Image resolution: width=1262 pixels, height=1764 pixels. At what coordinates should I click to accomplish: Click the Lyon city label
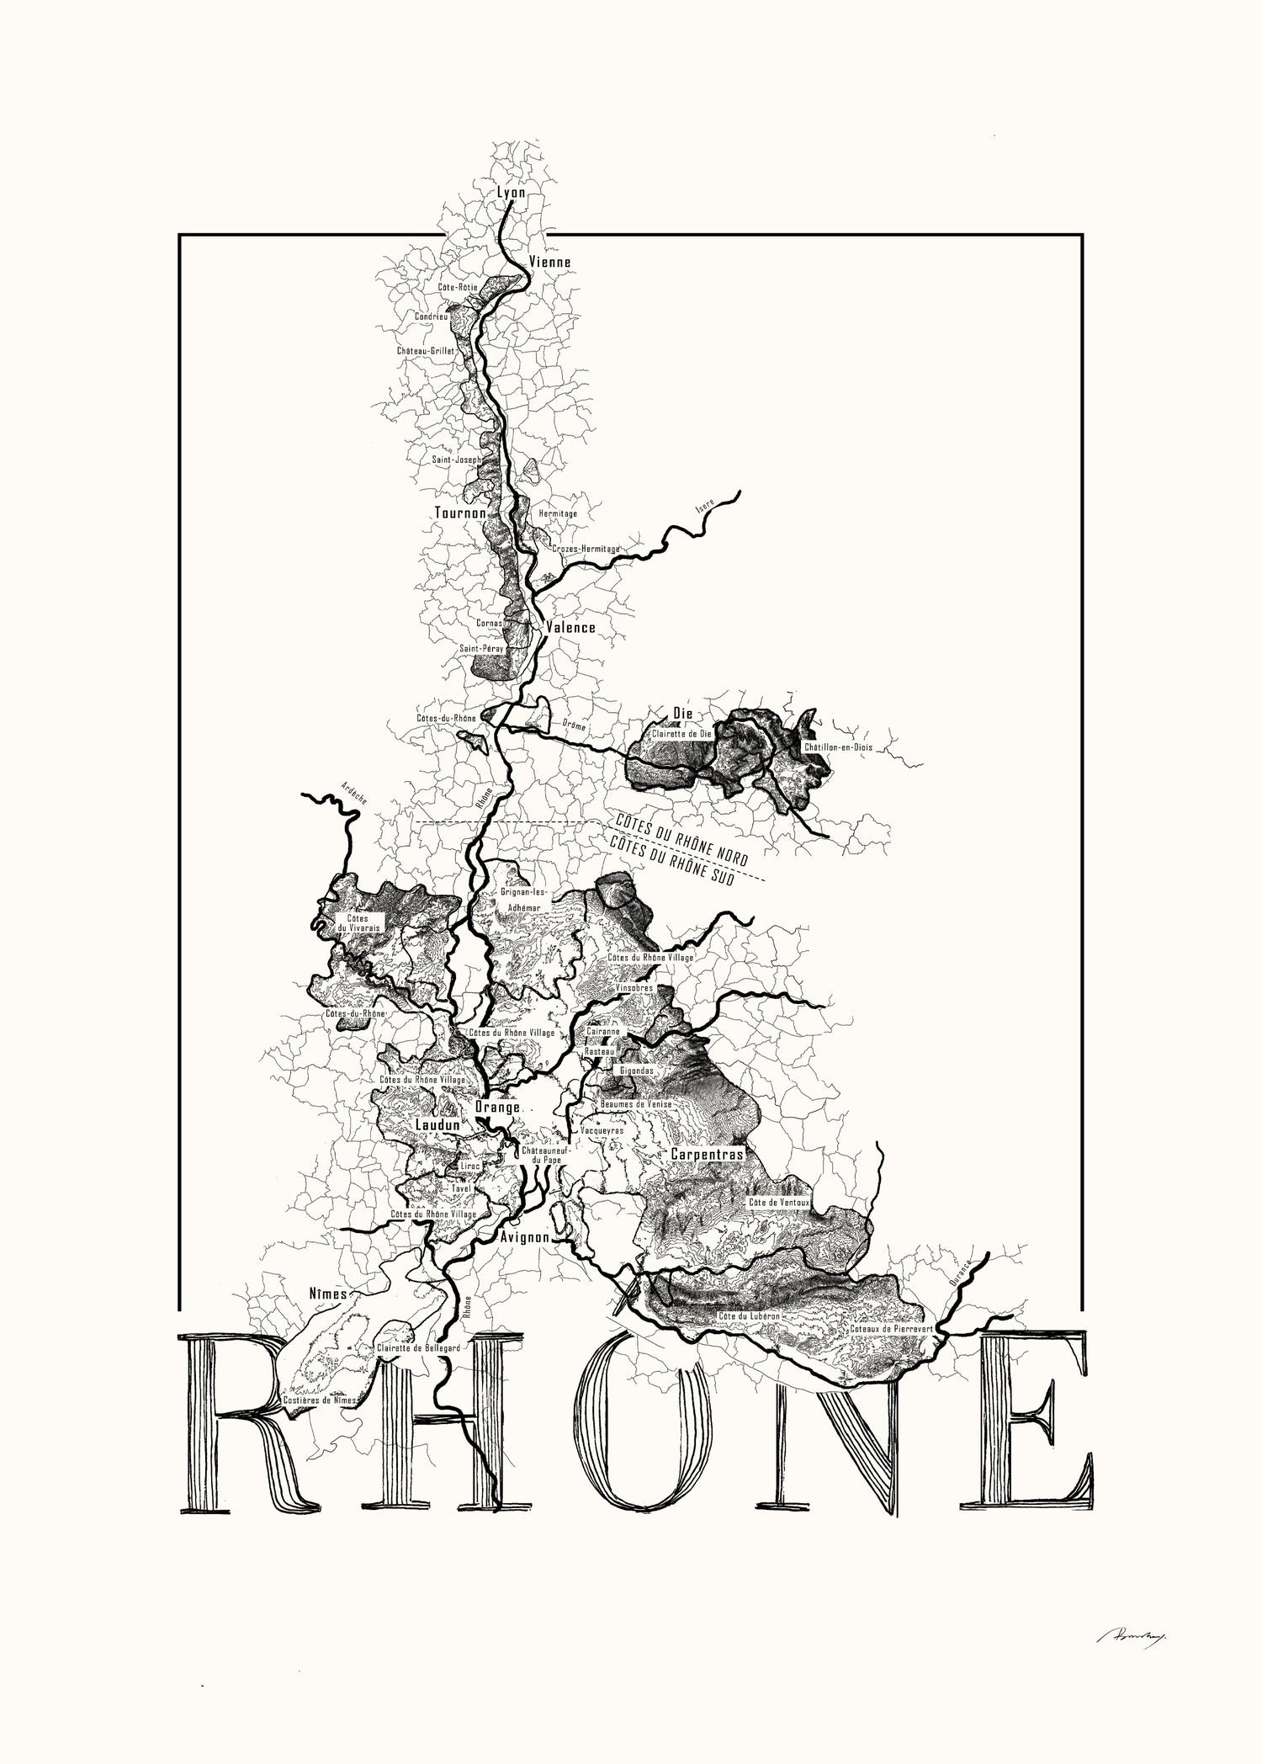(x=511, y=193)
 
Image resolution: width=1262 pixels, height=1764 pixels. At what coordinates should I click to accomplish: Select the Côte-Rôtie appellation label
(x=458, y=287)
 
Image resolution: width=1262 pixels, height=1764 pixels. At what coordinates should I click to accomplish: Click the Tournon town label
(x=460, y=513)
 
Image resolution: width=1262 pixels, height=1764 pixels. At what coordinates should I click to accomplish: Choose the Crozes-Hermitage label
(x=586, y=549)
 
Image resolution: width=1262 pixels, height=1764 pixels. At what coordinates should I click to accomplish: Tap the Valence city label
(x=570, y=627)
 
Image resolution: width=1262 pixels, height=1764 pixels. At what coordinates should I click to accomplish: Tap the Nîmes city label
(x=328, y=1292)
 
